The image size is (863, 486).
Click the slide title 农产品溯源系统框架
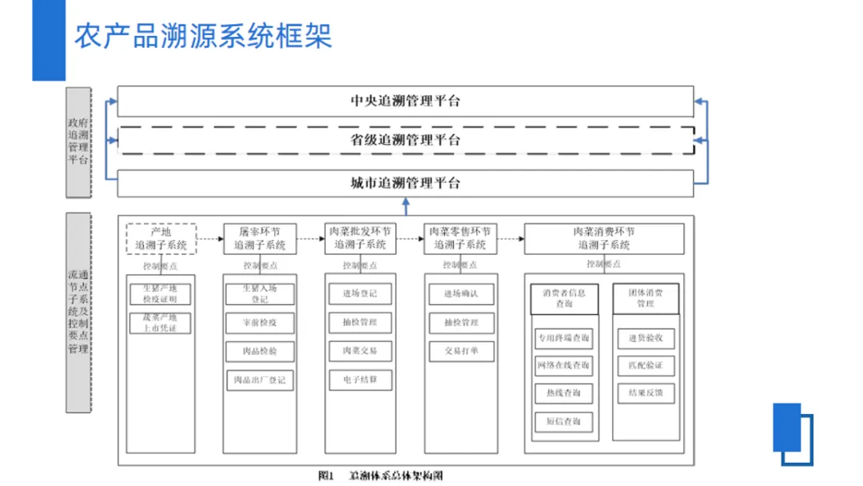[203, 37]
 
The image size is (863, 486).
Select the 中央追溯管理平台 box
[405, 102]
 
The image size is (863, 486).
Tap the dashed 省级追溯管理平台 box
[405, 140]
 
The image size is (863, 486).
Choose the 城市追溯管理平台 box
[405, 183]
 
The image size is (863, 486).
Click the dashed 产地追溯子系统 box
[161, 238]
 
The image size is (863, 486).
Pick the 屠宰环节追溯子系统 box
[260, 238]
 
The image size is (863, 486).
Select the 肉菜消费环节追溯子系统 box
[603, 238]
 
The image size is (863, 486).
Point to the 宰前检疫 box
[260, 323]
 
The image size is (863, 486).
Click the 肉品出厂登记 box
[260, 380]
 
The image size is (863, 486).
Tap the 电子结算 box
[360, 379]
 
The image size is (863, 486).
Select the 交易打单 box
[460, 350]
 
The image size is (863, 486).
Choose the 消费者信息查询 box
[563, 299]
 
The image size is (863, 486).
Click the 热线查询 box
[563, 393]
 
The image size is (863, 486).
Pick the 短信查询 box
[563, 421]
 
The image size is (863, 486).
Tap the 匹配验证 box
[646, 366]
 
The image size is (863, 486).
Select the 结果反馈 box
[646, 393]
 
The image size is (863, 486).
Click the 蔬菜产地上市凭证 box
[161, 323]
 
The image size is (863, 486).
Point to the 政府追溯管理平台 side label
[78, 142]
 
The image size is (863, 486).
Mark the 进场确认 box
[460, 294]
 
